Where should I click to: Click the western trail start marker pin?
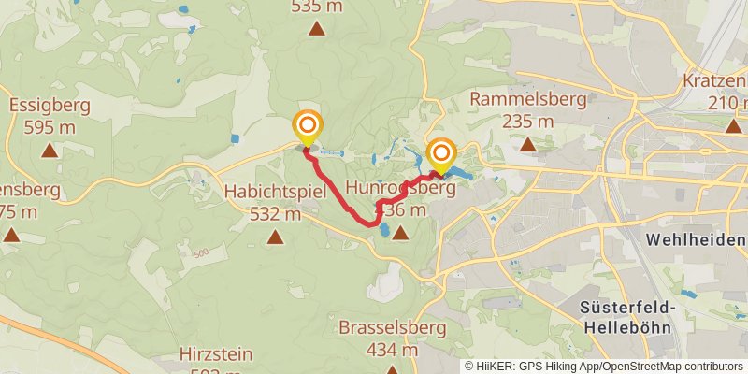point(306,126)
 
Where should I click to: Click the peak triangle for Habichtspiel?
point(275,237)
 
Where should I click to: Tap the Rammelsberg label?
point(528,99)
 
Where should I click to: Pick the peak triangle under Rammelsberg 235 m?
point(528,144)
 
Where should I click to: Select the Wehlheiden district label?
point(696,240)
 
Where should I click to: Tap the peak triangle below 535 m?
point(318,29)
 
